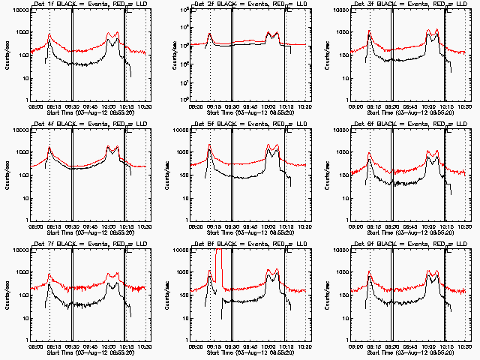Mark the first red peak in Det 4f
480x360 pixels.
49,148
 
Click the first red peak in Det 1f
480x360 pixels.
49,34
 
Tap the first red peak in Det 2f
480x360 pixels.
209,34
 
